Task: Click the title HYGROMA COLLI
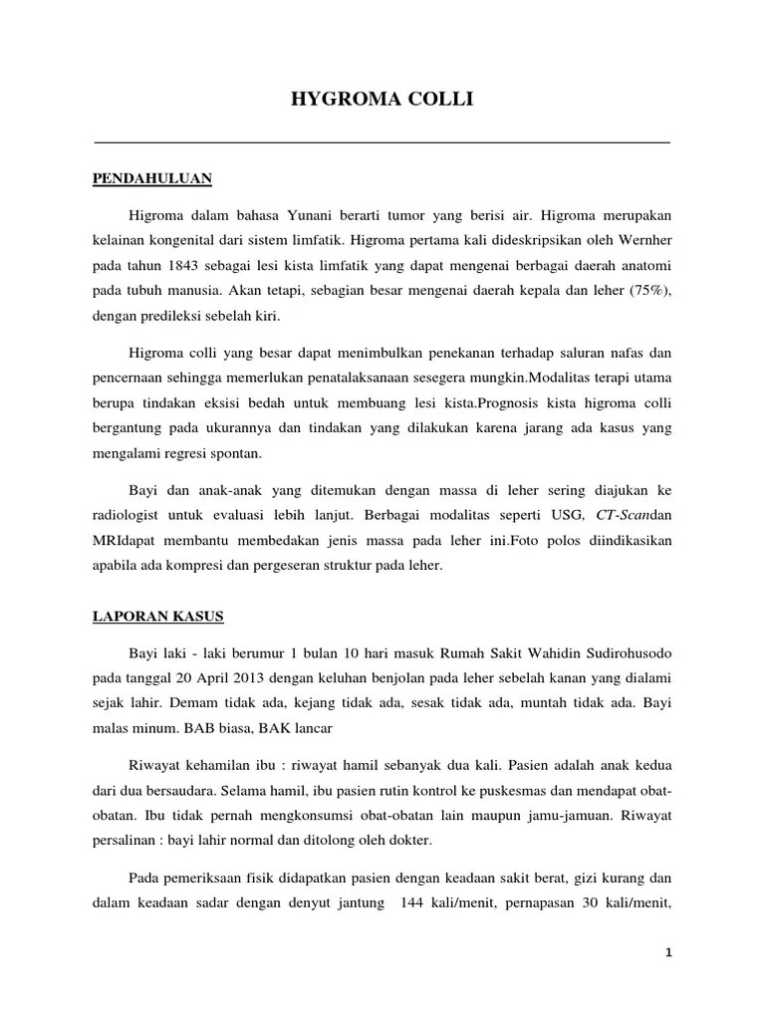(x=382, y=99)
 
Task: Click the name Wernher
(x=640, y=239)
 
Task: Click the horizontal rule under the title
(x=382, y=142)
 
